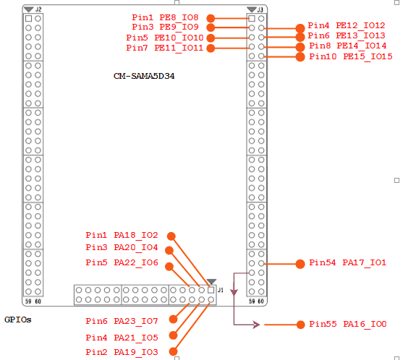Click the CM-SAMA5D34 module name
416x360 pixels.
[x=144, y=76]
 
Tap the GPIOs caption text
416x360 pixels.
[x=18, y=320]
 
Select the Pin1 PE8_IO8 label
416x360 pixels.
[x=165, y=17]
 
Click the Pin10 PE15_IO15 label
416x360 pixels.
[x=351, y=56]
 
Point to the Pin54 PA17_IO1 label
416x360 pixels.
[x=347, y=262]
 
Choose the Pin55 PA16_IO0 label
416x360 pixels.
[x=348, y=324]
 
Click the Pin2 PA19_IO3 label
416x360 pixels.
[x=122, y=352]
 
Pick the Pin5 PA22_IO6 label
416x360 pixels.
[x=122, y=262]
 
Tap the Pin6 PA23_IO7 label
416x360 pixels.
[x=122, y=321]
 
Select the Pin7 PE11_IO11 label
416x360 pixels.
[x=165, y=48]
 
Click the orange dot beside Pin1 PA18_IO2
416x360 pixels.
[x=171, y=236]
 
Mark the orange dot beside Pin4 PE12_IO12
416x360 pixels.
[x=300, y=28]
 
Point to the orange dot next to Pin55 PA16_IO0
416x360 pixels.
[x=300, y=325]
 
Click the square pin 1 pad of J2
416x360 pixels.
[x=29, y=19]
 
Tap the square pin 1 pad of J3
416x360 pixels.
[x=252, y=19]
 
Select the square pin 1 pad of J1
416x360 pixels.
[x=211, y=290]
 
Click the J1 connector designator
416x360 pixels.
[x=221, y=291]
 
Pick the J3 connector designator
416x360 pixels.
[x=260, y=10]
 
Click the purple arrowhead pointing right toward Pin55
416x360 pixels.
[x=256, y=325]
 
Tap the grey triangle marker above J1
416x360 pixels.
[x=211, y=281]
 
